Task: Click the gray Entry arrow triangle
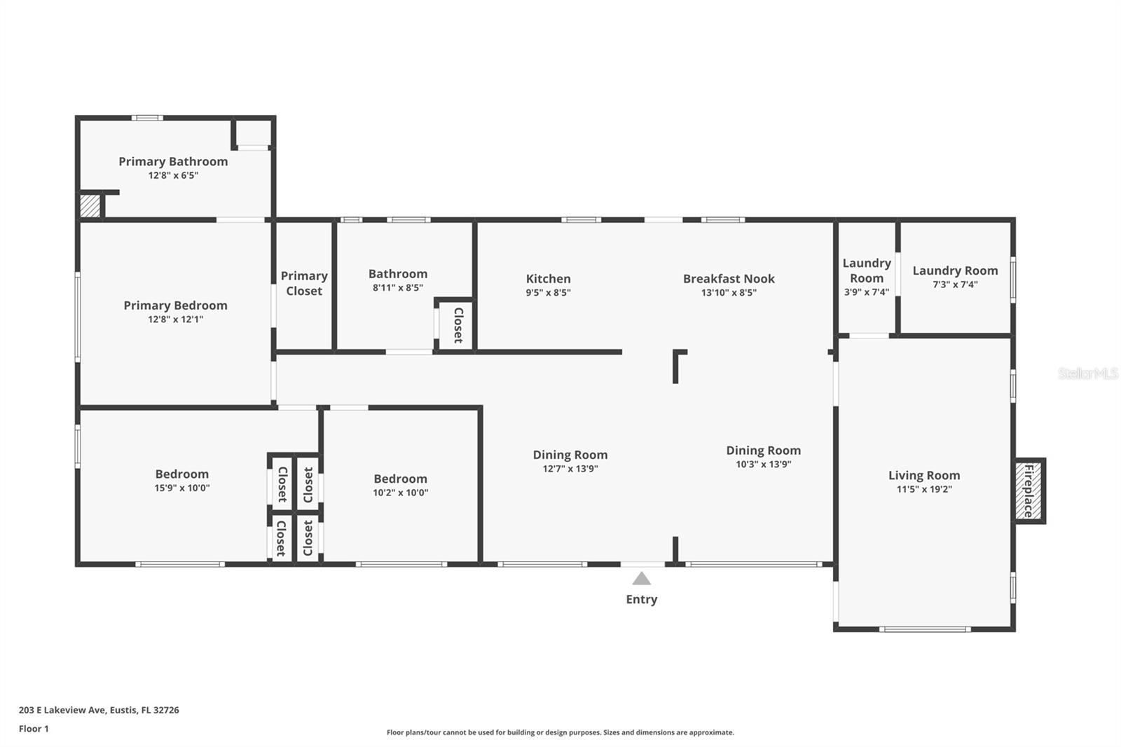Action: [x=641, y=579]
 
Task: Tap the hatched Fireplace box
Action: [x=1029, y=491]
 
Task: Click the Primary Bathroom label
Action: [x=173, y=161]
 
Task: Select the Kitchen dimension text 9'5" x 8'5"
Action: [x=548, y=292]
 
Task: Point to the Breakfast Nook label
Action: [x=729, y=278]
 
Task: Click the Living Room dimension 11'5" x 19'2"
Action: [x=924, y=489]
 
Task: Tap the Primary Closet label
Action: [x=304, y=283]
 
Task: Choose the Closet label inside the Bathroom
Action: [x=458, y=325]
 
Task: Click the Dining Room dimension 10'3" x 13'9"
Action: [x=763, y=464]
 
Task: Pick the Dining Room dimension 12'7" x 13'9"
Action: [x=570, y=469]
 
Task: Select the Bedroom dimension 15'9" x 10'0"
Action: [x=181, y=488]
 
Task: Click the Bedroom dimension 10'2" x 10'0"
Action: [x=400, y=492]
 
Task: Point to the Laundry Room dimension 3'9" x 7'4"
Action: [x=867, y=292]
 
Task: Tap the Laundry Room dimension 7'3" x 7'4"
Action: [x=955, y=285]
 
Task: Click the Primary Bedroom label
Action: [x=175, y=305]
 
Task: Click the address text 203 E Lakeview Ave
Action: [x=62, y=710]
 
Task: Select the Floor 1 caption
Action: [x=34, y=729]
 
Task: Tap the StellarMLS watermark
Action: [x=1088, y=373]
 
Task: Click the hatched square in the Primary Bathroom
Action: [x=90, y=206]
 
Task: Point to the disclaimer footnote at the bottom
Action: [x=560, y=732]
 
